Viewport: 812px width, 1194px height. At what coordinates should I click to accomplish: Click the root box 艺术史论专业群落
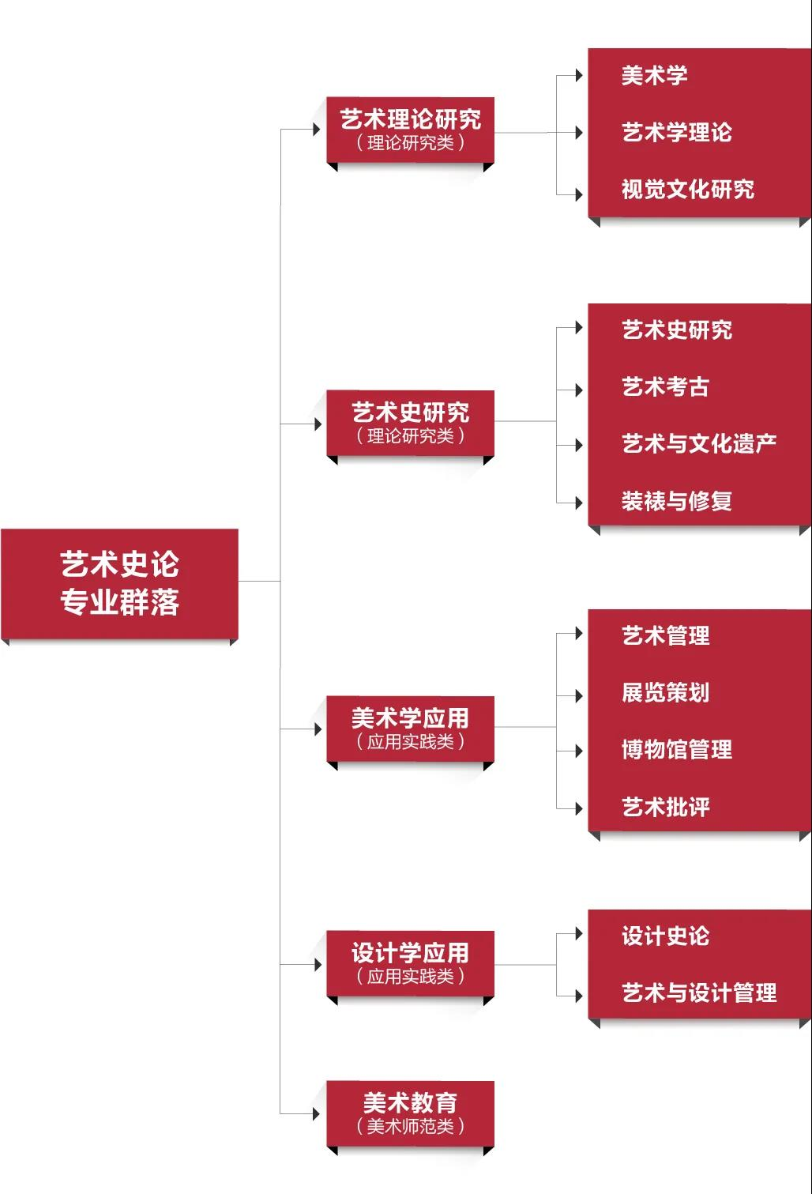(119, 583)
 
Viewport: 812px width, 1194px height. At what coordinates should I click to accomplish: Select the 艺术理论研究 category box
(410, 130)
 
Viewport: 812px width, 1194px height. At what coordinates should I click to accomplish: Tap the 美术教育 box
(410, 1112)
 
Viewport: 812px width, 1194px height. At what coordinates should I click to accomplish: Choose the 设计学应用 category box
(410, 963)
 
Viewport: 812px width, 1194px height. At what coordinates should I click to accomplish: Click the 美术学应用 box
(410, 728)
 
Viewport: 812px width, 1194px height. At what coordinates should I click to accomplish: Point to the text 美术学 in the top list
(654, 76)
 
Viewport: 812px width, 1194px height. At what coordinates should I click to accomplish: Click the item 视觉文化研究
(687, 190)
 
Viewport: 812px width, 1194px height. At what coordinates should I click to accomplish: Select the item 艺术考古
(665, 387)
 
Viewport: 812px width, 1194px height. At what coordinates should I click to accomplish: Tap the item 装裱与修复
(676, 501)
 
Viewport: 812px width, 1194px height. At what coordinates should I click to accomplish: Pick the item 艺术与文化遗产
(698, 444)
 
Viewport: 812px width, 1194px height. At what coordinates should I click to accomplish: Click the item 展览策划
(665, 693)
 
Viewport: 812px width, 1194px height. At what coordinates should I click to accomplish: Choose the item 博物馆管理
(676, 750)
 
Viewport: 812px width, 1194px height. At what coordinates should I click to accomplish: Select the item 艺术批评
(665, 808)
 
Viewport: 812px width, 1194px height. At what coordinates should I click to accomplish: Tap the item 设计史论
(665, 936)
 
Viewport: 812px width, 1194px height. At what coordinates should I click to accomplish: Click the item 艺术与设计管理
(698, 993)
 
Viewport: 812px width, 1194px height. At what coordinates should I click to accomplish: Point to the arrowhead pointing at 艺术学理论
(579, 133)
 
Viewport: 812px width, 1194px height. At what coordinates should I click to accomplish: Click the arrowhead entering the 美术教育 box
(317, 1114)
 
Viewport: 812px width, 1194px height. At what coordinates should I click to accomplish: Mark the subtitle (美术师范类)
(410, 1126)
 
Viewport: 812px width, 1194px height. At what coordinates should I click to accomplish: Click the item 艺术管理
(665, 635)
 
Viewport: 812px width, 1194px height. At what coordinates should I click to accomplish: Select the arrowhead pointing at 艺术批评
(579, 808)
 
